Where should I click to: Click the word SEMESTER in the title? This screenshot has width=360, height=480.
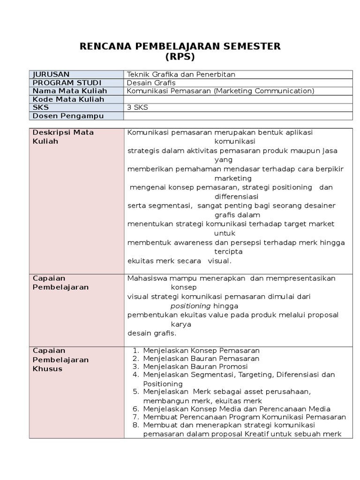(x=248, y=46)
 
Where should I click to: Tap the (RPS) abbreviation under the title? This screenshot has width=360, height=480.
(x=180, y=57)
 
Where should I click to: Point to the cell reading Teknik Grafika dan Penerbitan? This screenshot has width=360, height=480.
(x=181, y=74)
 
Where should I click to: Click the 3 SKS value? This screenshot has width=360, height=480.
(x=137, y=107)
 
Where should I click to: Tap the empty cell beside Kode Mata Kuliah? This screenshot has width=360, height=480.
(x=238, y=99)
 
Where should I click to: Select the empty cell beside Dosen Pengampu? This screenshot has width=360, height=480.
(x=238, y=116)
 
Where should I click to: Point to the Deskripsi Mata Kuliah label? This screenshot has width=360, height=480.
(x=63, y=136)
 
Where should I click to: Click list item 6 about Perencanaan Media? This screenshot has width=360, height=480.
(x=237, y=409)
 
